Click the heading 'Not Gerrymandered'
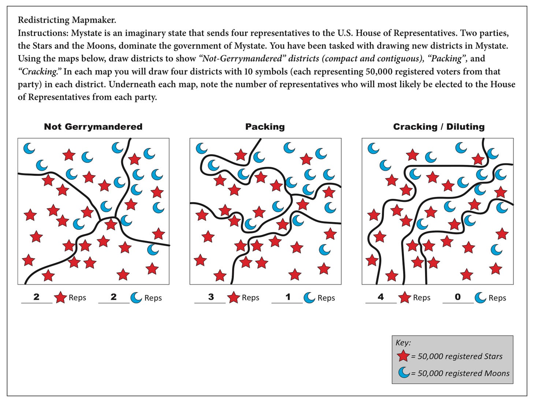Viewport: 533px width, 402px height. pyautogui.click(x=93, y=127)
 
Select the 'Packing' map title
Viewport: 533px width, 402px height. pyautogui.click(x=265, y=127)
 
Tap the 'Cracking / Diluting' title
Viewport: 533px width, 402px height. pyautogui.click(x=439, y=127)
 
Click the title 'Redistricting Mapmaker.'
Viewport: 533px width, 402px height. pyautogui.click(x=67, y=20)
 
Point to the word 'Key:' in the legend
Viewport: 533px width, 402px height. pyautogui.click(x=403, y=343)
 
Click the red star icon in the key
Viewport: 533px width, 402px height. pyautogui.click(x=403, y=356)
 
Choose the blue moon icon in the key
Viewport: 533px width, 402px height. pyautogui.click(x=404, y=373)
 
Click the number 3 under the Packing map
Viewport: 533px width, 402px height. pyautogui.click(x=211, y=297)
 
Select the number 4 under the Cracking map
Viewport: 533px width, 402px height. pyautogui.click(x=381, y=297)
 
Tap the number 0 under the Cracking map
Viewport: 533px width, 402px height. pyautogui.click(x=458, y=297)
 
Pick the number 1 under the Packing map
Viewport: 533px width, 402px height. pyautogui.click(x=288, y=297)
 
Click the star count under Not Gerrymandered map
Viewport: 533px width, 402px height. pyautogui.click(x=36, y=297)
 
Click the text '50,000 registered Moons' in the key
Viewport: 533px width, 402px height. pyautogui.click(x=463, y=373)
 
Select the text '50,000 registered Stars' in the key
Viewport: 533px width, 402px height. pyautogui.click(x=460, y=356)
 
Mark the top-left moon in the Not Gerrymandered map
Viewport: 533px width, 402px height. pyautogui.click(x=29, y=148)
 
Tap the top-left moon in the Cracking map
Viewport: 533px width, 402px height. pyautogui.click(x=373, y=148)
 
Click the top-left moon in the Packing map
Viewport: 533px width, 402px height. pyautogui.click(x=201, y=148)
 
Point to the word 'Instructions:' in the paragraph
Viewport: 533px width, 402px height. pyautogui.click(x=43, y=33)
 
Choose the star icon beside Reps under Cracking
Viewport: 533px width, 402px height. pyautogui.click(x=405, y=298)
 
